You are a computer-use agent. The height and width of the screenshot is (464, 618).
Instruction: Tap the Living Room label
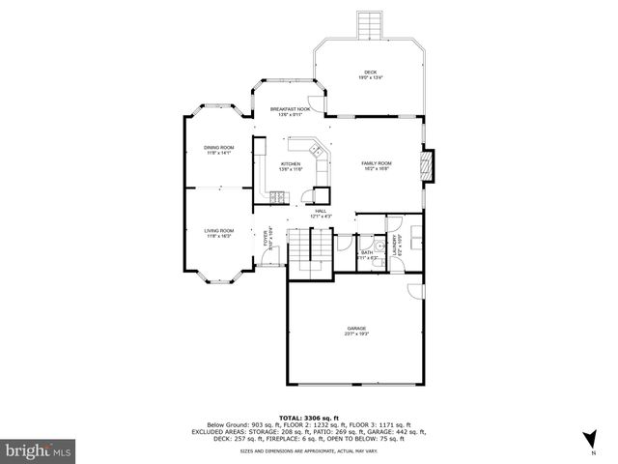pyautogui.click(x=218, y=232)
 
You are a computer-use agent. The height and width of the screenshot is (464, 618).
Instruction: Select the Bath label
pyautogui.click(x=367, y=254)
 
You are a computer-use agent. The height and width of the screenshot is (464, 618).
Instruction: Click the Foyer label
pyautogui.click(x=267, y=236)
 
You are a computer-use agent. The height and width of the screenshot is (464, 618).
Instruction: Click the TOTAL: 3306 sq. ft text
pyautogui.click(x=308, y=414)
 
